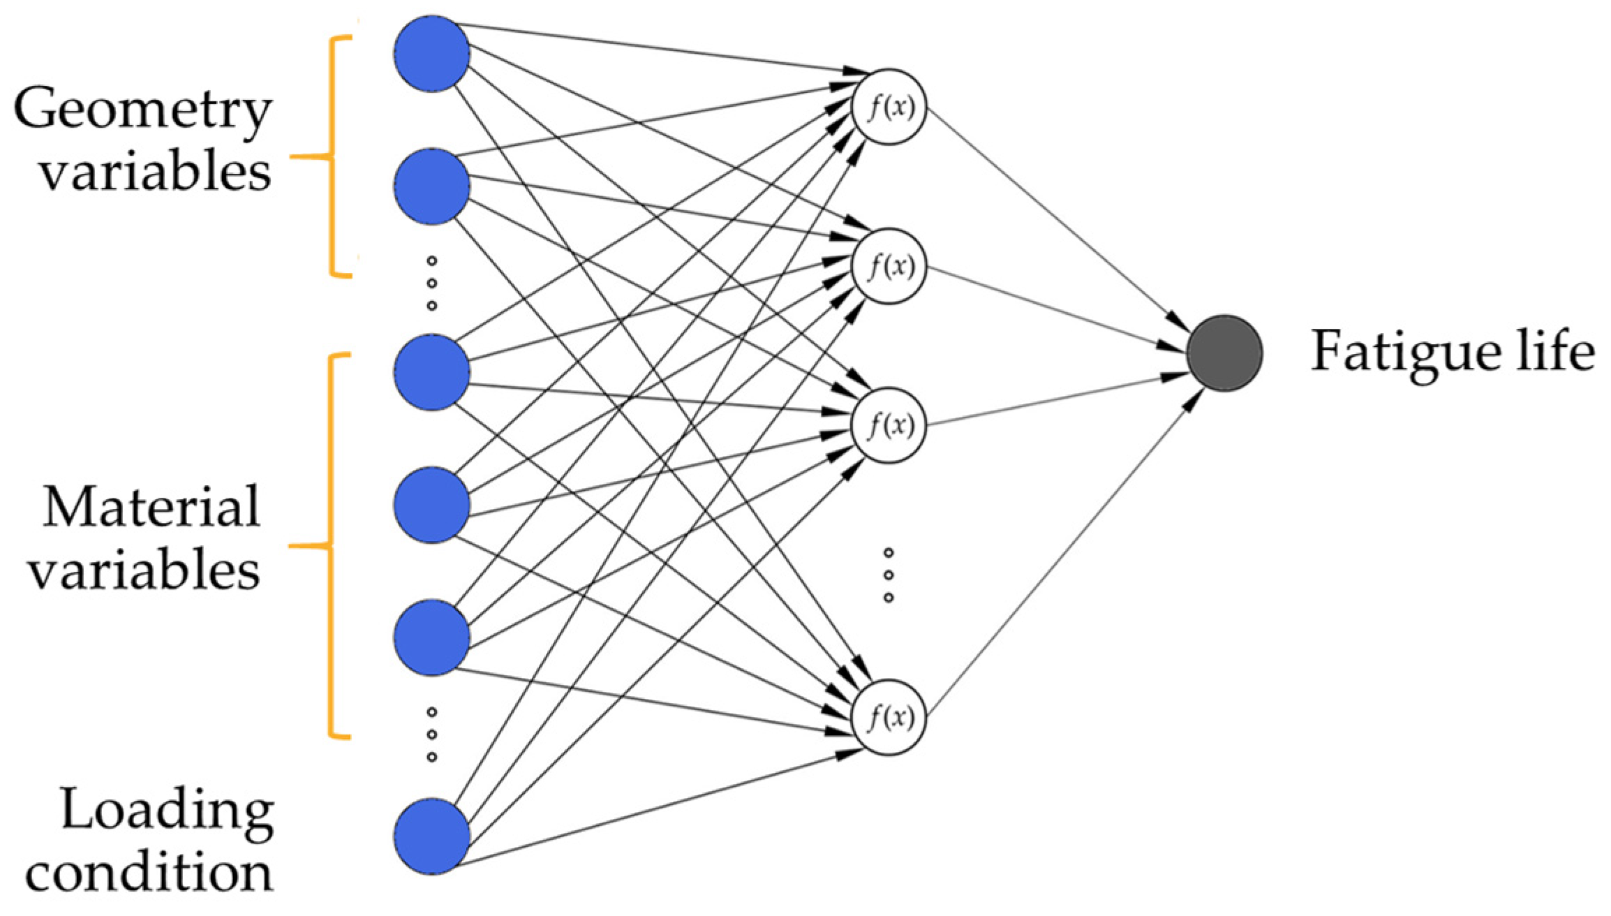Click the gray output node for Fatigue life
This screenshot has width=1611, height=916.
click(x=1224, y=353)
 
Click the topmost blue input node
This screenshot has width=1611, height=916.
click(x=431, y=54)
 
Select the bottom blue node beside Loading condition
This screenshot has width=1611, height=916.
click(x=431, y=836)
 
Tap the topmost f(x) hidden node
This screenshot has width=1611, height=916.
click(x=889, y=107)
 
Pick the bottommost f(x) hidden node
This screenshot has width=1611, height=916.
click(x=889, y=717)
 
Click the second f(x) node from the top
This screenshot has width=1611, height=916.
click(x=889, y=266)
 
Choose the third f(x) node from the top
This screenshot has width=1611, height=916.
click(x=889, y=424)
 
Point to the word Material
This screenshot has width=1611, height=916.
click(x=151, y=508)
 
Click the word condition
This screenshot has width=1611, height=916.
click(x=149, y=873)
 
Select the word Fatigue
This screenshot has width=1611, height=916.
click(x=1406, y=351)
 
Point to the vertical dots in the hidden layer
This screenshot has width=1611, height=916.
click(x=889, y=575)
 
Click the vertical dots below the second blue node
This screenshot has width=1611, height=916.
click(x=431, y=283)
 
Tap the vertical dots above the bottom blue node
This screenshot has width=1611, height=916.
click(x=431, y=734)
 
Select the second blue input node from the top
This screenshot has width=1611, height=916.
click(x=431, y=186)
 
